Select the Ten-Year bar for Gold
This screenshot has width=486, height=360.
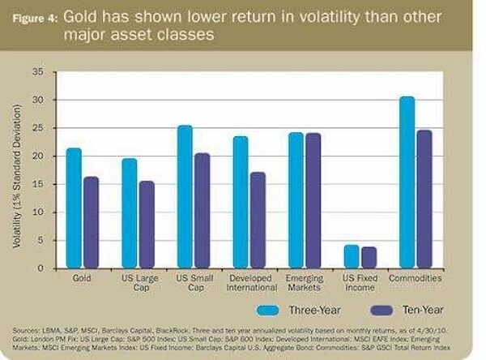point(90,222)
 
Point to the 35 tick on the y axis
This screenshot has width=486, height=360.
point(38,72)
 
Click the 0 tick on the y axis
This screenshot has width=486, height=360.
point(40,268)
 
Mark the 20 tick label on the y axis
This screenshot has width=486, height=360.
point(38,156)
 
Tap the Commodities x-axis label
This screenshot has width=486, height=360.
point(415,278)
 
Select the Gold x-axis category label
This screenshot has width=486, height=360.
point(82,278)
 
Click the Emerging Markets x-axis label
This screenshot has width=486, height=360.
point(304,283)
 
